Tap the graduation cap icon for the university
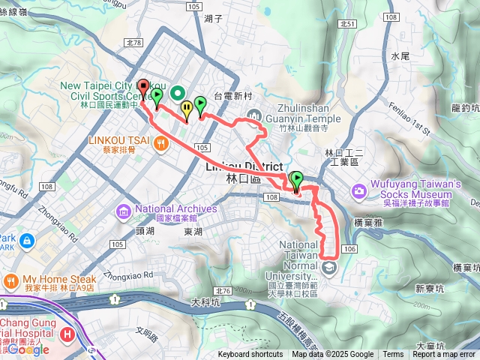[328, 266]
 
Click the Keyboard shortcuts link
[250, 355]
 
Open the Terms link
[393, 355]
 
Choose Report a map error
[444, 355]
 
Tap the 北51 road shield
[346, 25]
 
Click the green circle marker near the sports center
[177, 92]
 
